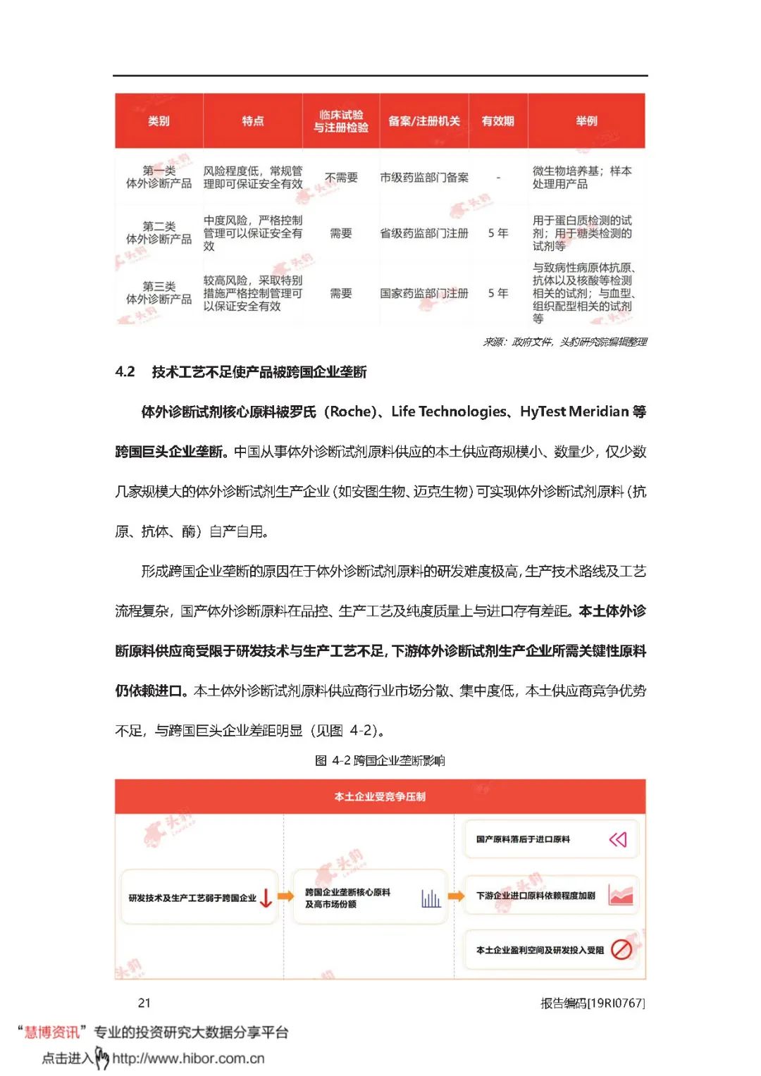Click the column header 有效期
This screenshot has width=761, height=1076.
(x=497, y=121)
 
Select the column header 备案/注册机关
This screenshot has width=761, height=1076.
(x=423, y=121)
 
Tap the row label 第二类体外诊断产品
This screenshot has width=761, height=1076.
(x=159, y=233)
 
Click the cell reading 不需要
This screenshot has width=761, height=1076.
(x=341, y=178)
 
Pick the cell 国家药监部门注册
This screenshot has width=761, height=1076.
(x=423, y=293)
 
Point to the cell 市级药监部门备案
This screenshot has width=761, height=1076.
(x=423, y=178)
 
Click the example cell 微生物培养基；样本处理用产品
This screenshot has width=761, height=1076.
(x=582, y=178)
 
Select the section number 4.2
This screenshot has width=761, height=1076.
(x=125, y=372)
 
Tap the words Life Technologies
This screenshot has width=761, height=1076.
(x=449, y=412)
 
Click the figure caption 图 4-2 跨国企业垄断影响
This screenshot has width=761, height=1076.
(x=380, y=760)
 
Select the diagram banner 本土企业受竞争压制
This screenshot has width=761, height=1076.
(x=380, y=797)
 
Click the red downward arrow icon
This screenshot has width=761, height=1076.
(x=266, y=898)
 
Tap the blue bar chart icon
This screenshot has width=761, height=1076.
(x=431, y=898)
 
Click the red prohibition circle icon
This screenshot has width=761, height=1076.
(x=621, y=950)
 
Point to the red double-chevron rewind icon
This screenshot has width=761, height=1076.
(x=617, y=839)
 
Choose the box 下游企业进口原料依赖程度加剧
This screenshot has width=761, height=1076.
(x=536, y=896)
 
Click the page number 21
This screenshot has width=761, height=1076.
(x=144, y=1003)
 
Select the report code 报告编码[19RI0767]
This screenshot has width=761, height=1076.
(x=592, y=1003)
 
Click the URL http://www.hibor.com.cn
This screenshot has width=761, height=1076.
(x=188, y=1058)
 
